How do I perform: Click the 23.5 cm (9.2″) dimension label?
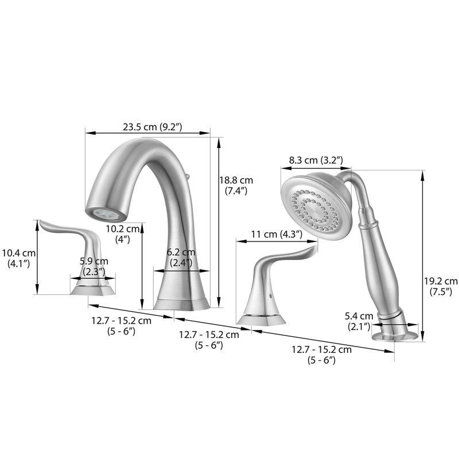coord(153,127)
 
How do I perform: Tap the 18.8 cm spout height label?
coord(236,185)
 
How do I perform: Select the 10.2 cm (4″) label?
coord(123,234)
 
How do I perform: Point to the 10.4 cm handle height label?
coord(19,258)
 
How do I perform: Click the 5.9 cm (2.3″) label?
coord(94,266)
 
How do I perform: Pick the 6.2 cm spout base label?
coord(181,257)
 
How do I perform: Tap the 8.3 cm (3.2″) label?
coord(316,161)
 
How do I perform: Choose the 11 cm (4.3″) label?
coord(277,234)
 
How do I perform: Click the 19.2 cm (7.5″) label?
coord(441,286)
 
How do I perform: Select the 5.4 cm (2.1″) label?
coord(359,321)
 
